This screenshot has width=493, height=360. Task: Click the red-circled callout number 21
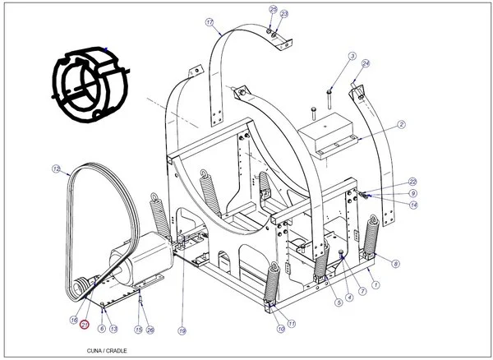pyautogui.click(x=83, y=325)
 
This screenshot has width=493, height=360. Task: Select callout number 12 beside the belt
pyautogui.click(x=56, y=169)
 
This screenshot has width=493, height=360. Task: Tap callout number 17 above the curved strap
pyautogui.click(x=209, y=22)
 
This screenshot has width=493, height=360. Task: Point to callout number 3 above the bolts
pyautogui.click(x=352, y=57)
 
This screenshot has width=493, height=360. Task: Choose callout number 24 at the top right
pyautogui.click(x=366, y=63)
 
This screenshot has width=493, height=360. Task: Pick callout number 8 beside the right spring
pyautogui.click(x=396, y=263)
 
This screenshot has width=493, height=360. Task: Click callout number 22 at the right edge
pyautogui.click(x=412, y=182)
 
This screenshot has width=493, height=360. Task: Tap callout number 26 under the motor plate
pyautogui.click(x=150, y=330)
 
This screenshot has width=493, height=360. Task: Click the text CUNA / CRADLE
pyautogui.click(x=107, y=348)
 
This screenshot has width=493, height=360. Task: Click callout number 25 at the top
pyautogui.click(x=273, y=9)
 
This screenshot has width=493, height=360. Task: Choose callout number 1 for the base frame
pyautogui.click(x=376, y=284)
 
